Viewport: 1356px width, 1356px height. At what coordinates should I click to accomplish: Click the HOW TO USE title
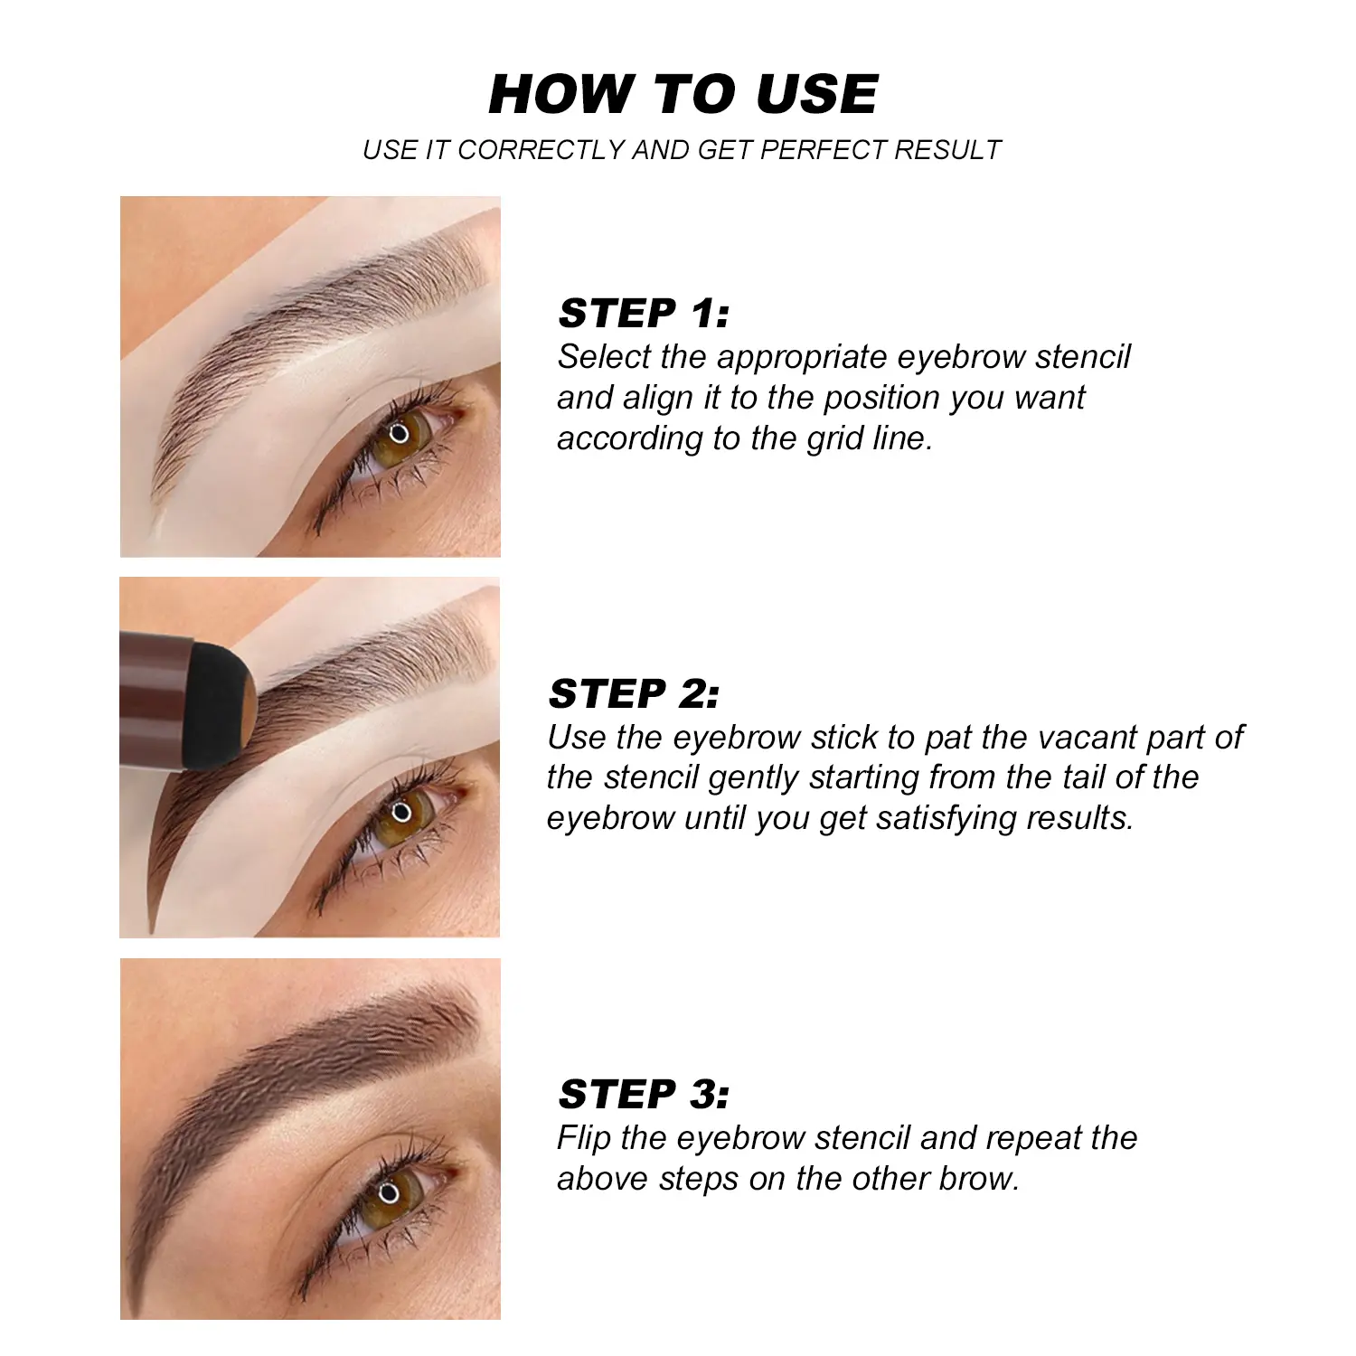coord(683,94)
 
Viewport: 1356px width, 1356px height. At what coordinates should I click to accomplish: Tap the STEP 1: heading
coord(644,314)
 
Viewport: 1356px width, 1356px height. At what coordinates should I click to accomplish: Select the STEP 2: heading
coord(634,694)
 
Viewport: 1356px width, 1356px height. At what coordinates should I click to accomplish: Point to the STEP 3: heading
coord(644,1095)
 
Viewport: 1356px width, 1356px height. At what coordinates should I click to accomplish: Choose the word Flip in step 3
coord(585,1138)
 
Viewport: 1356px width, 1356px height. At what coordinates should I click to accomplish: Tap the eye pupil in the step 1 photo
coord(400,432)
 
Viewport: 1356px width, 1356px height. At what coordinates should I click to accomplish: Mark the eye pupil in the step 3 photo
coord(390,1192)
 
